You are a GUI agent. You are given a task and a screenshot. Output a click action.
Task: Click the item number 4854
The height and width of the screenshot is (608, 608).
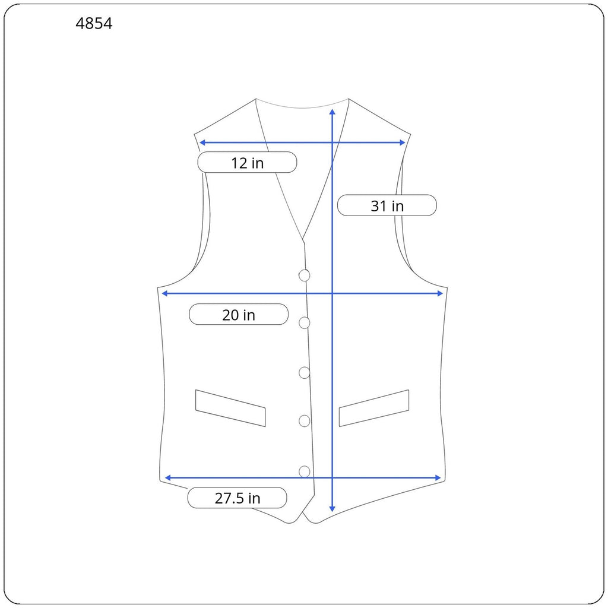(x=94, y=24)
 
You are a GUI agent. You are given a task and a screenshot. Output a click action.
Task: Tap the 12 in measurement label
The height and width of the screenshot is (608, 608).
(x=248, y=163)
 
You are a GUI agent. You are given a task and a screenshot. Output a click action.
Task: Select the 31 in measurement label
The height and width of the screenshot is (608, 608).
(x=387, y=205)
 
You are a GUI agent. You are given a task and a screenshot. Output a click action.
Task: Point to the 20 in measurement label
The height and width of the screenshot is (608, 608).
(x=239, y=315)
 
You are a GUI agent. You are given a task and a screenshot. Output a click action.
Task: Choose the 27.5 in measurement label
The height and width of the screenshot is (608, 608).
(x=237, y=498)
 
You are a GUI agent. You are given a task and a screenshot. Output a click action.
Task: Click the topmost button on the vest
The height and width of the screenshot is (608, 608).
(x=305, y=275)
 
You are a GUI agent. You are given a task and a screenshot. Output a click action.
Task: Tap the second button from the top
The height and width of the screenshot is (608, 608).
(x=305, y=322)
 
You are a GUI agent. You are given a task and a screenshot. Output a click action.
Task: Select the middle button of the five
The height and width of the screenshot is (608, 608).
(x=305, y=373)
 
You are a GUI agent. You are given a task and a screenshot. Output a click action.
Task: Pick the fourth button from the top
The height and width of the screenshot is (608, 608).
(x=305, y=421)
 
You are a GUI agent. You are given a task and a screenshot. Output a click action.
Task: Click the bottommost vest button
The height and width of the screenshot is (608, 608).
(x=305, y=471)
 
